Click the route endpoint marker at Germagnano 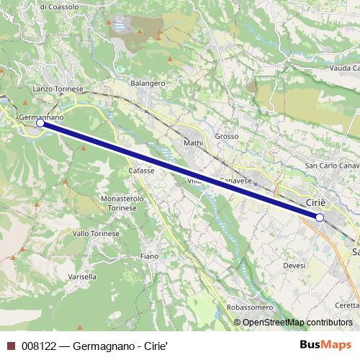(x=40, y=123)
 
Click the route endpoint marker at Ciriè (x=320, y=217)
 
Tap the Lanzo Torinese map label (x=58, y=89)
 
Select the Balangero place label (x=148, y=83)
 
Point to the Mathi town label (x=194, y=143)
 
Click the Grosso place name (x=226, y=135)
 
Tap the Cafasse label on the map (x=141, y=170)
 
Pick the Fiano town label (x=149, y=256)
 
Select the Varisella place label (x=81, y=276)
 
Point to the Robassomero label (x=249, y=307)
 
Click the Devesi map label (x=294, y=266)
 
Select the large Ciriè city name (x=317, y=202)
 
